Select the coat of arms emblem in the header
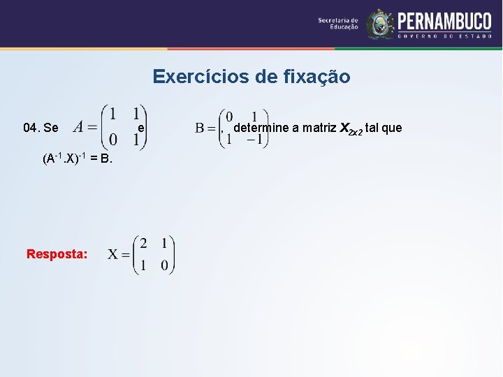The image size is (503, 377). [x=381, y=24]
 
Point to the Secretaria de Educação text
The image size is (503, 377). [x=338, y=24]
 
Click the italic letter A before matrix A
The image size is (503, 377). [x=78, y=127]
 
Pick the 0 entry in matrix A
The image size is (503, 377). [x=112, y=142]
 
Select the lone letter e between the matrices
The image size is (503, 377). [x=141, y=128]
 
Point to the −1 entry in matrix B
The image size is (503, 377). [x=254, y=138]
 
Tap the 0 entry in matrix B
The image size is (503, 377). [x=229, y=117]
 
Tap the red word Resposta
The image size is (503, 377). [x=57, y=254]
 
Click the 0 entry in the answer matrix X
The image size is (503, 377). [x=163, y=265]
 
